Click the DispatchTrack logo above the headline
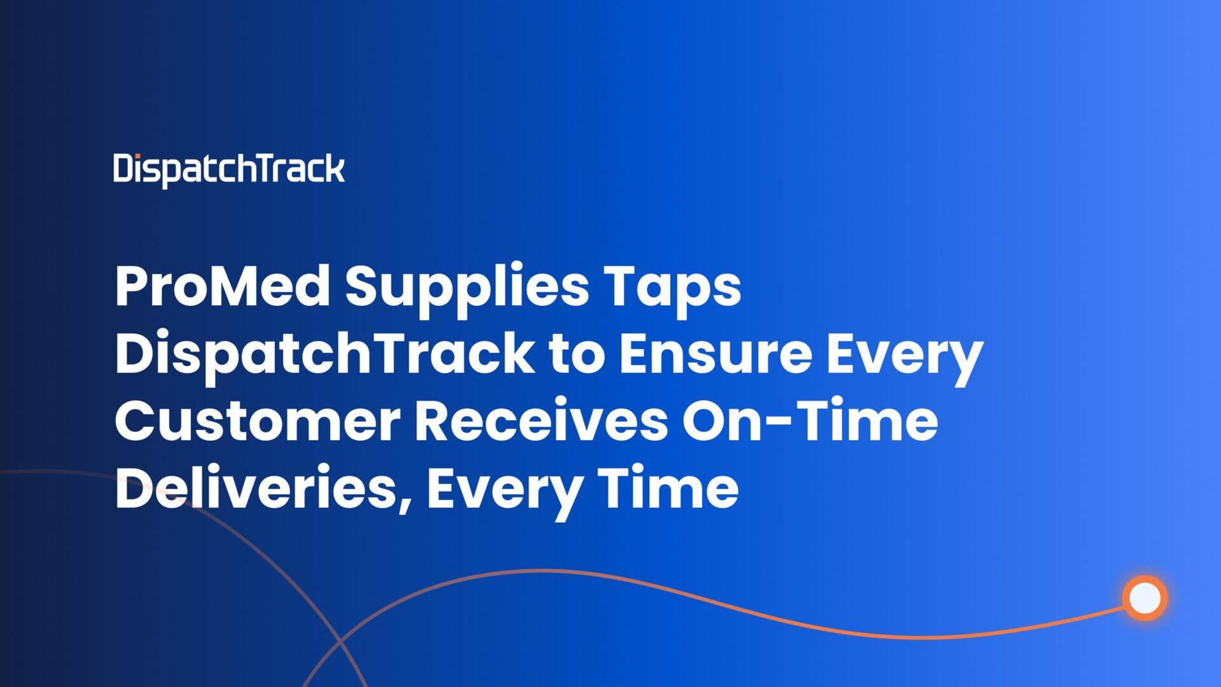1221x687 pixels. pos(229,170)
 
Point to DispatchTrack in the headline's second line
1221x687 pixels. pos(324,355)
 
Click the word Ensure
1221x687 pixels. pos(715,354)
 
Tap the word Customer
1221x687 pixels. pos(258,422)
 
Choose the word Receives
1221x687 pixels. pos(541,422)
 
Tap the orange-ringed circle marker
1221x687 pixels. pos(1145,598)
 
